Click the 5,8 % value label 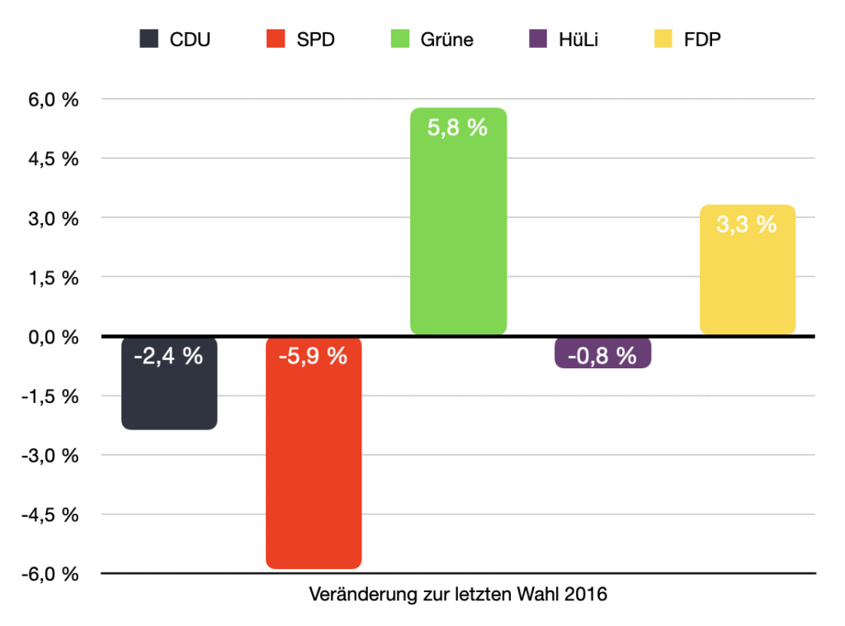[x=458, y=128]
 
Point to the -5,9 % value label [x=314, y=357]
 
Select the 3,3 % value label [x=747, y=224]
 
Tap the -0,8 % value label [x=602, y=357]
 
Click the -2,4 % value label [x=168, y=357]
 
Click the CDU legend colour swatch [x=149, y=40]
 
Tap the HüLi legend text [x=578, y=40]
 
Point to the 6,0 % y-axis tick [x=55, y=100]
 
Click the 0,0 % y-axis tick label [x=55, y=337]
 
